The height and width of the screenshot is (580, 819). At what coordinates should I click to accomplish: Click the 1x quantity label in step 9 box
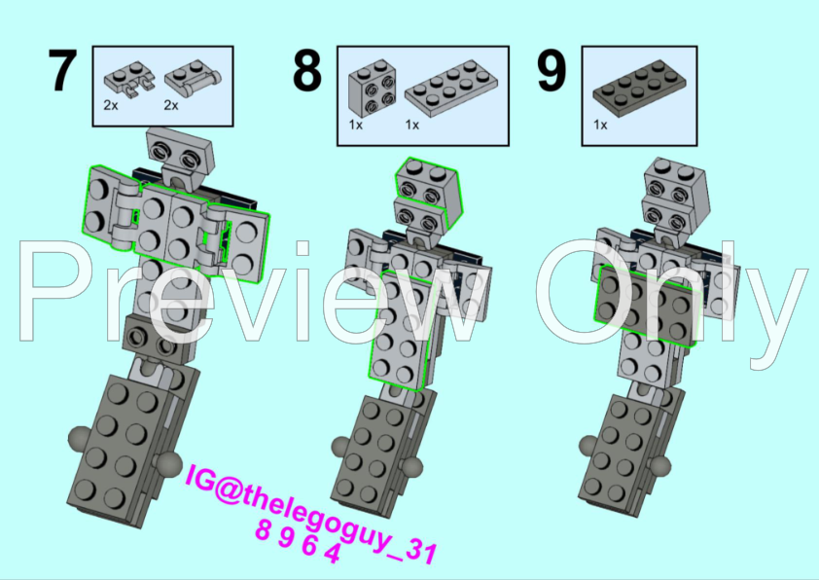pos(600,125)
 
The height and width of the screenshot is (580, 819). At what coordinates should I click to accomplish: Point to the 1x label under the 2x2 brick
pos(355,125)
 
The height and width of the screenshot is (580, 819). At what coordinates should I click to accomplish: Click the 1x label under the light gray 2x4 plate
pos(411,125)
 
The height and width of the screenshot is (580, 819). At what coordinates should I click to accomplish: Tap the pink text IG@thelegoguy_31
pos(307,498)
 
